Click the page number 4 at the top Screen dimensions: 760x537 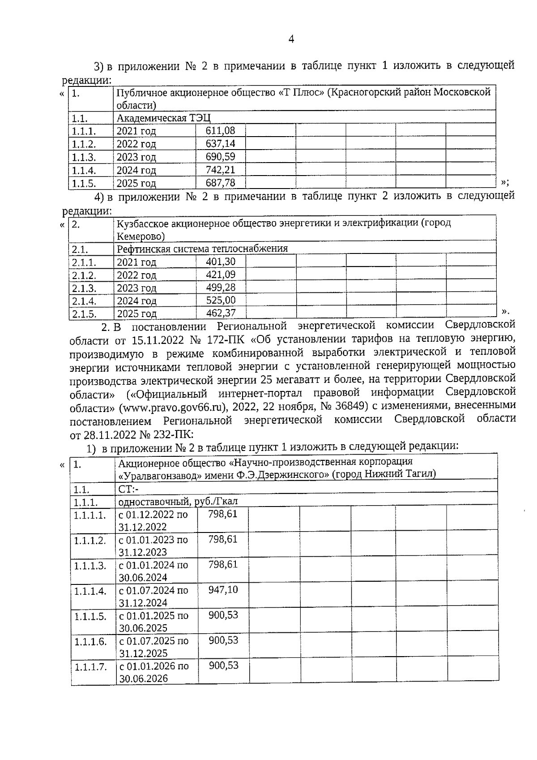pos(291,39)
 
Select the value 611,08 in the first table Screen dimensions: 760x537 pos(220,131)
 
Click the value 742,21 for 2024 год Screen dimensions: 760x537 pos(220,170)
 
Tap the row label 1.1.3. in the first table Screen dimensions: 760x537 pos(84,157)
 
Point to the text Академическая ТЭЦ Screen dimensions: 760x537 pos(163,118)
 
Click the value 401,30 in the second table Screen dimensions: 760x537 pos(221,262)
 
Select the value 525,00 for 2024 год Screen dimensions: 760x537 pos(221,300)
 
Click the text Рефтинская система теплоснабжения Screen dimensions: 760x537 pos(202,249)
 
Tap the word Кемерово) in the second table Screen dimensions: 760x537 pos(141,236)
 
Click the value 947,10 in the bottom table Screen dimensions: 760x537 pos(223,589)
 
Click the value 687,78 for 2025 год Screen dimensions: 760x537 pos(220,183)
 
